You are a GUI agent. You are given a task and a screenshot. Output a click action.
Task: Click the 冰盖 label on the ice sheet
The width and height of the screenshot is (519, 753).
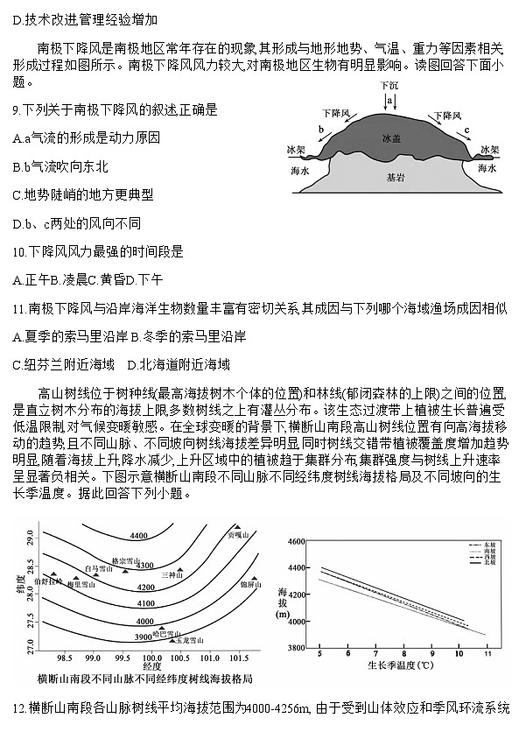[x=391, y=139]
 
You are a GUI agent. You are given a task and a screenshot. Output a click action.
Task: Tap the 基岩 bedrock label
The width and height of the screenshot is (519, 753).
[x=396, y=178]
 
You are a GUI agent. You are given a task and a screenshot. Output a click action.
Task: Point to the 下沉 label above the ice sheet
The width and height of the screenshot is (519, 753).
[x=389, y=88]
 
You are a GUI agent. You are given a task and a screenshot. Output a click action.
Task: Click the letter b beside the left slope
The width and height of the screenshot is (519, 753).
[x=322, y=128]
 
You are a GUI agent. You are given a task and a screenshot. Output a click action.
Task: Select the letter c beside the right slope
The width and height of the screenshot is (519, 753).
[x=466, y=130]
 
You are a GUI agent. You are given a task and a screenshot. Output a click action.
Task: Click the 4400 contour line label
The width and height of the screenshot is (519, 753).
[x=137, y=535]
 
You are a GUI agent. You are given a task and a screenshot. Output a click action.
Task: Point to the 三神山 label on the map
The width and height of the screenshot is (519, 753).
[x=172, y=574]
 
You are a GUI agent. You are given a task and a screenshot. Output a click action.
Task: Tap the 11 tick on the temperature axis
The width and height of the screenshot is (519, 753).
[x=487, y=654]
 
